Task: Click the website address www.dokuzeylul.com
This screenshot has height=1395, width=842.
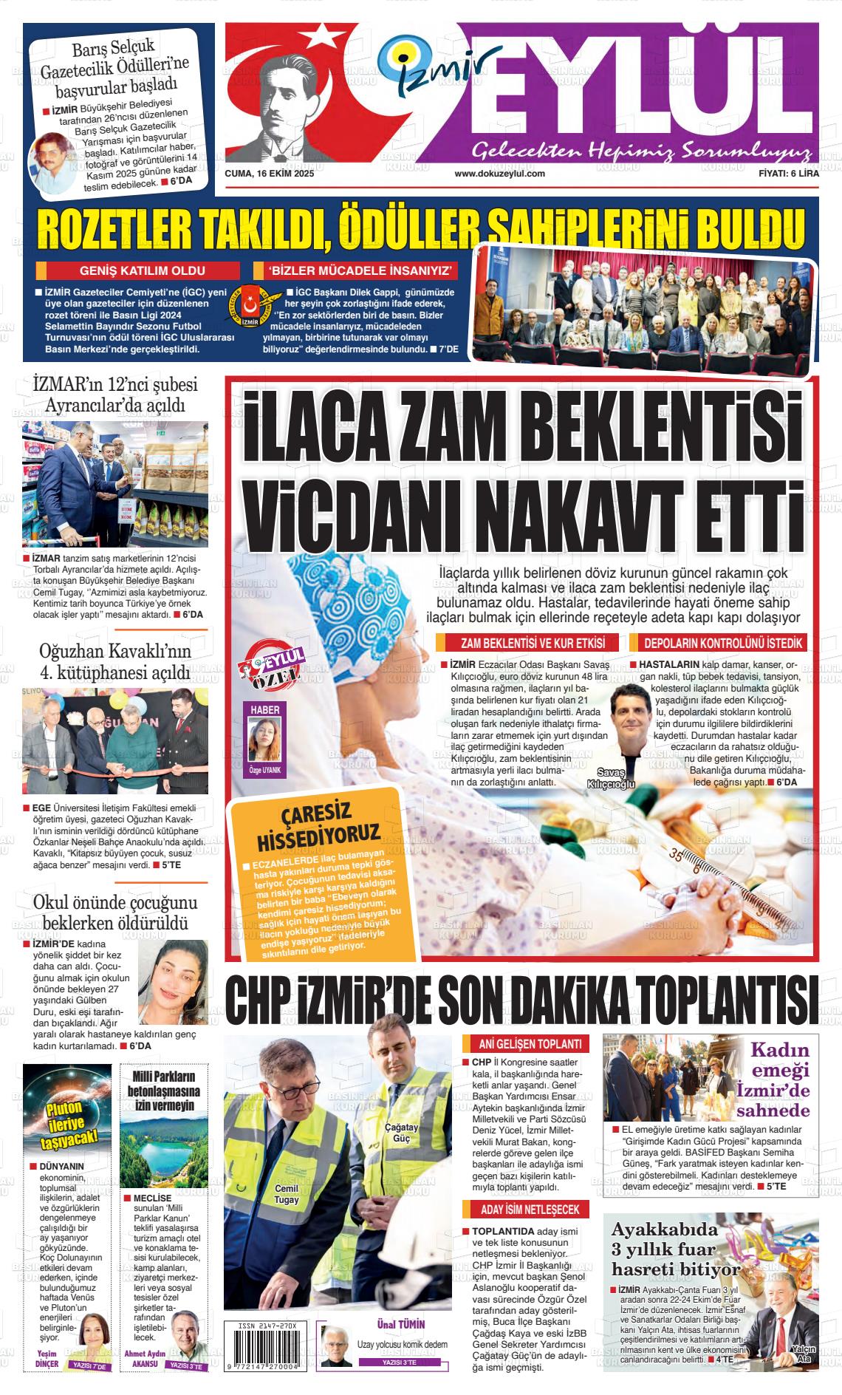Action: tap(499, 174)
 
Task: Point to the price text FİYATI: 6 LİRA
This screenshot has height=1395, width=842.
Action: tap(788, 174)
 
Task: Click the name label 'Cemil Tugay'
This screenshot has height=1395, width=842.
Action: tap(287, 1194)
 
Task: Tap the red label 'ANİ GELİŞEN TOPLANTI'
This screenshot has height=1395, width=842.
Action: tap(526, 1044)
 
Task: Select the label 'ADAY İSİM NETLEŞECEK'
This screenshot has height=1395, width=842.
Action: tap(525, 1210)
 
